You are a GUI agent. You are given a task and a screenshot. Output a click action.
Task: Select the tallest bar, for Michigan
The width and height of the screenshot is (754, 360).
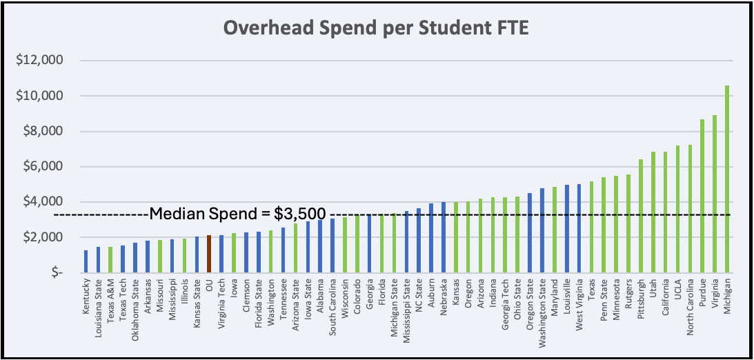pyautogui.click(x=728, y=179)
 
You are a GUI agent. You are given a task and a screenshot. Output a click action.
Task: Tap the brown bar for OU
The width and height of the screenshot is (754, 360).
pyautogui.click(x=209, y=254)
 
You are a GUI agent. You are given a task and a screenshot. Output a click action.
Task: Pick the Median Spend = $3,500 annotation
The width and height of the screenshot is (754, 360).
pyautogui.click(x=237, y=213)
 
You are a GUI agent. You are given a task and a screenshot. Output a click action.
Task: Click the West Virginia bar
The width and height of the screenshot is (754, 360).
pyautogui.click(x=579, y=228)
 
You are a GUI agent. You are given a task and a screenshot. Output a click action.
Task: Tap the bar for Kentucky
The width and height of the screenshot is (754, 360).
pyautogui.click(x=86, y=261)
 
